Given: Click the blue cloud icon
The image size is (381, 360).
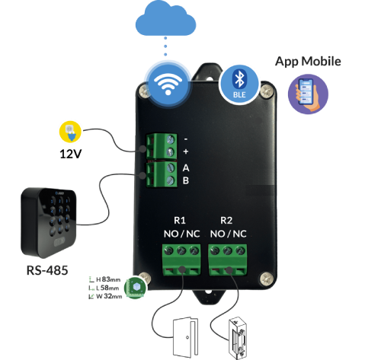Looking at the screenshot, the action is (165, 18).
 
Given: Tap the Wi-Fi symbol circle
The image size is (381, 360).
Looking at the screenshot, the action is (168, 83).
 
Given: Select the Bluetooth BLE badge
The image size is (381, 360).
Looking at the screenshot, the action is (239, 84).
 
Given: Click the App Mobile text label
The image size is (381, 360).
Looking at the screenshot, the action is (308, 62).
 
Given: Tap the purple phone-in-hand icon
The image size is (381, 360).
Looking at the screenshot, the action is (308, 94).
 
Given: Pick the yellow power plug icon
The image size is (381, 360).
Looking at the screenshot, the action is (70, 132).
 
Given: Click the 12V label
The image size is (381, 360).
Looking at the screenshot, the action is (70, 154).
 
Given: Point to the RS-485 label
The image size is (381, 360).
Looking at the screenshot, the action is (47, 270).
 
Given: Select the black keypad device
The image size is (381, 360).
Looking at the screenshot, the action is (49, 223).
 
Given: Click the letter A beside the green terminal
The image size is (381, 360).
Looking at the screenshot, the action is (186, 168).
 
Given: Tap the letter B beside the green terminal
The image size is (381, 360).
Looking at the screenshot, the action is (186, 180).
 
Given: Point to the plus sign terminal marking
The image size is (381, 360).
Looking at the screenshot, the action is (186, 151).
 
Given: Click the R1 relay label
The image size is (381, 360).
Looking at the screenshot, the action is (180, 220).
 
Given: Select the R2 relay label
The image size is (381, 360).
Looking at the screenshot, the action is (226, 220).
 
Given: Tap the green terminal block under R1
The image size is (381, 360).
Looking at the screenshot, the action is (181, 260).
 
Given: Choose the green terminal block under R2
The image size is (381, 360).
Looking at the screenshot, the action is (228, 260).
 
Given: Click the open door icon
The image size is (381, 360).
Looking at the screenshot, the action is (185, 337).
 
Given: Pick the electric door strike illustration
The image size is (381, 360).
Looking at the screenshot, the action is (238, 338).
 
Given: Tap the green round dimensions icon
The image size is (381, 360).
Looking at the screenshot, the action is (135, 288).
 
